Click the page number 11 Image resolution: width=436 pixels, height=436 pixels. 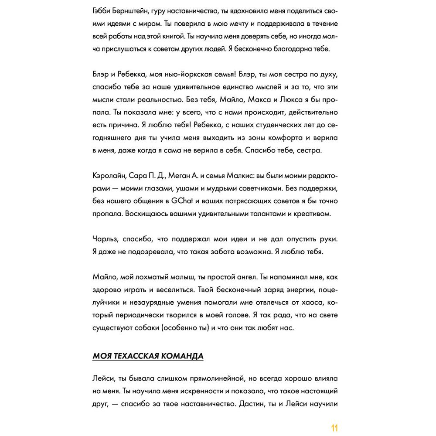coord(334,427)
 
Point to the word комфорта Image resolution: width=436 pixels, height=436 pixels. coord(265,138)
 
